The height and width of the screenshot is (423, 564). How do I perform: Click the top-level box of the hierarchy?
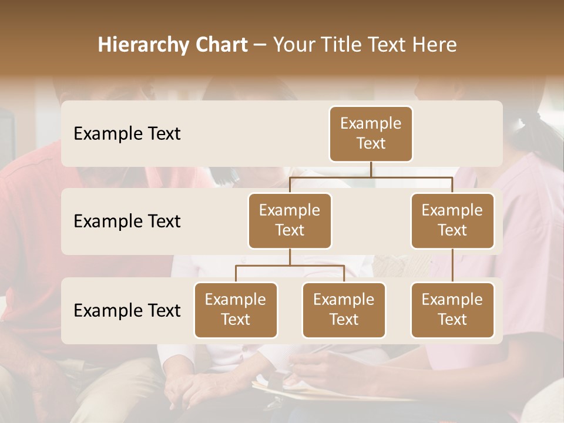click(x=371, y=133)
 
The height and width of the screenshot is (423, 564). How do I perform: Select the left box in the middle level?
click(x=290, y=220)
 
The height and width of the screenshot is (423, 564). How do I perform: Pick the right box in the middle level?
click(x=452, y=220)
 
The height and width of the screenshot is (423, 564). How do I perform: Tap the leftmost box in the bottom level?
click(x=236, y=310)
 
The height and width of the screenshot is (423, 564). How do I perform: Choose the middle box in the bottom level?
click(x=344, y=310)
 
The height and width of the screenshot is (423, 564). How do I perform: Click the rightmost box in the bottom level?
click(x=452, y=310)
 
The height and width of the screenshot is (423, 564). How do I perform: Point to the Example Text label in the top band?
click(x=127, y=134)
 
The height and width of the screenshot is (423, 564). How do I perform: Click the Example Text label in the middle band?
click(x=127, y=221)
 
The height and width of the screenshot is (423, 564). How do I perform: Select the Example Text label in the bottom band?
click(x=127, y=310)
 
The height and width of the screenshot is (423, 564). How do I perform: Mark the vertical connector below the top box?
click(x=371, y=169)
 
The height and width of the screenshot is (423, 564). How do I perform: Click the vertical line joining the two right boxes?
click(x=452, y=266)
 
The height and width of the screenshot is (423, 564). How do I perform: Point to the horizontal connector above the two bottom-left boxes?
click(x=290, y=266)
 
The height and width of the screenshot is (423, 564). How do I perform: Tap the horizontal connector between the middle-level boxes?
click(x=371, y=177)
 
